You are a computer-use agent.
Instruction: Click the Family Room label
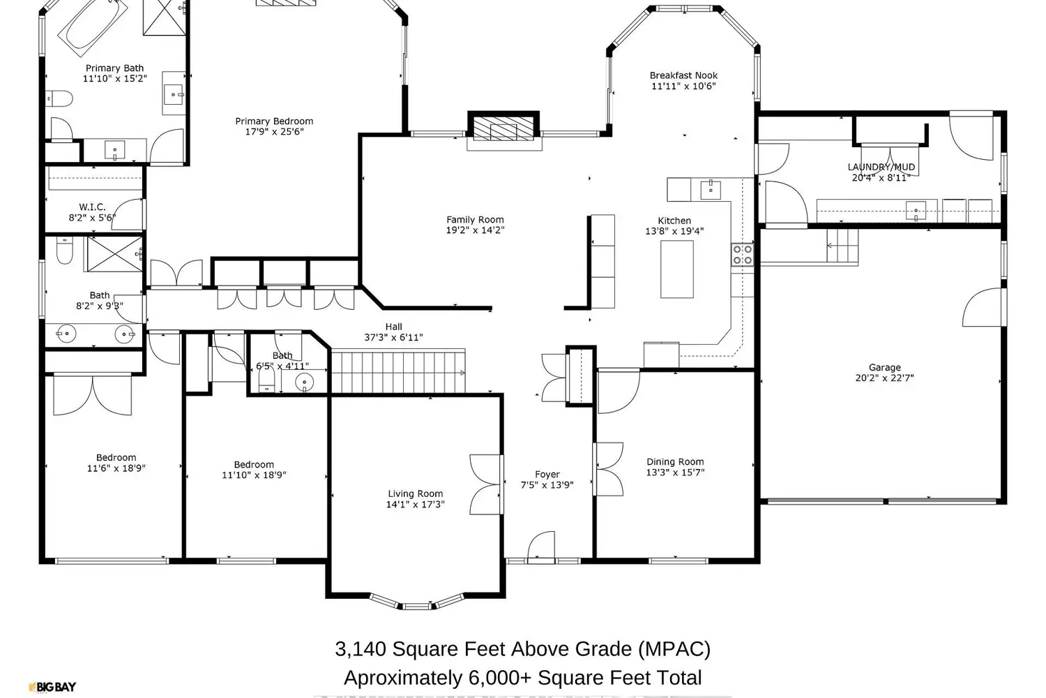(475, 219)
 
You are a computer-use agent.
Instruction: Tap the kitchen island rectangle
(676, 269)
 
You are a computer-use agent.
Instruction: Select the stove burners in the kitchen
(742, 255)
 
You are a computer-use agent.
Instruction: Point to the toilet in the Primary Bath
(59, 98)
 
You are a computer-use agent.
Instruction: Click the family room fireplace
(503, 128)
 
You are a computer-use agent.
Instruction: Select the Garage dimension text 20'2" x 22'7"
(884, 378)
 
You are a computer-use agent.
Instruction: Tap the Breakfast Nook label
(683, 75)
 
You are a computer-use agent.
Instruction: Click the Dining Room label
(675, 461)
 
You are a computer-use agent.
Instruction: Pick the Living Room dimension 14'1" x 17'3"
(415, 505)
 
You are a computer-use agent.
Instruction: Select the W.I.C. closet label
(92, 207)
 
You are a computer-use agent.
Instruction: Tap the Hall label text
(393, 327)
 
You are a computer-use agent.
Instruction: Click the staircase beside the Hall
(397, 372)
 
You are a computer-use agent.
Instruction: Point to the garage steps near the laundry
(842, 246)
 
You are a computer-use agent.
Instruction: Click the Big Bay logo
(52, 688)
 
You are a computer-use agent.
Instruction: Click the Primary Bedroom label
(274, 121)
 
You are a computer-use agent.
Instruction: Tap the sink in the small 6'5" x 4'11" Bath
(305, 382)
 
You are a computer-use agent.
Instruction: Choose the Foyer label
(547, 475)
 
